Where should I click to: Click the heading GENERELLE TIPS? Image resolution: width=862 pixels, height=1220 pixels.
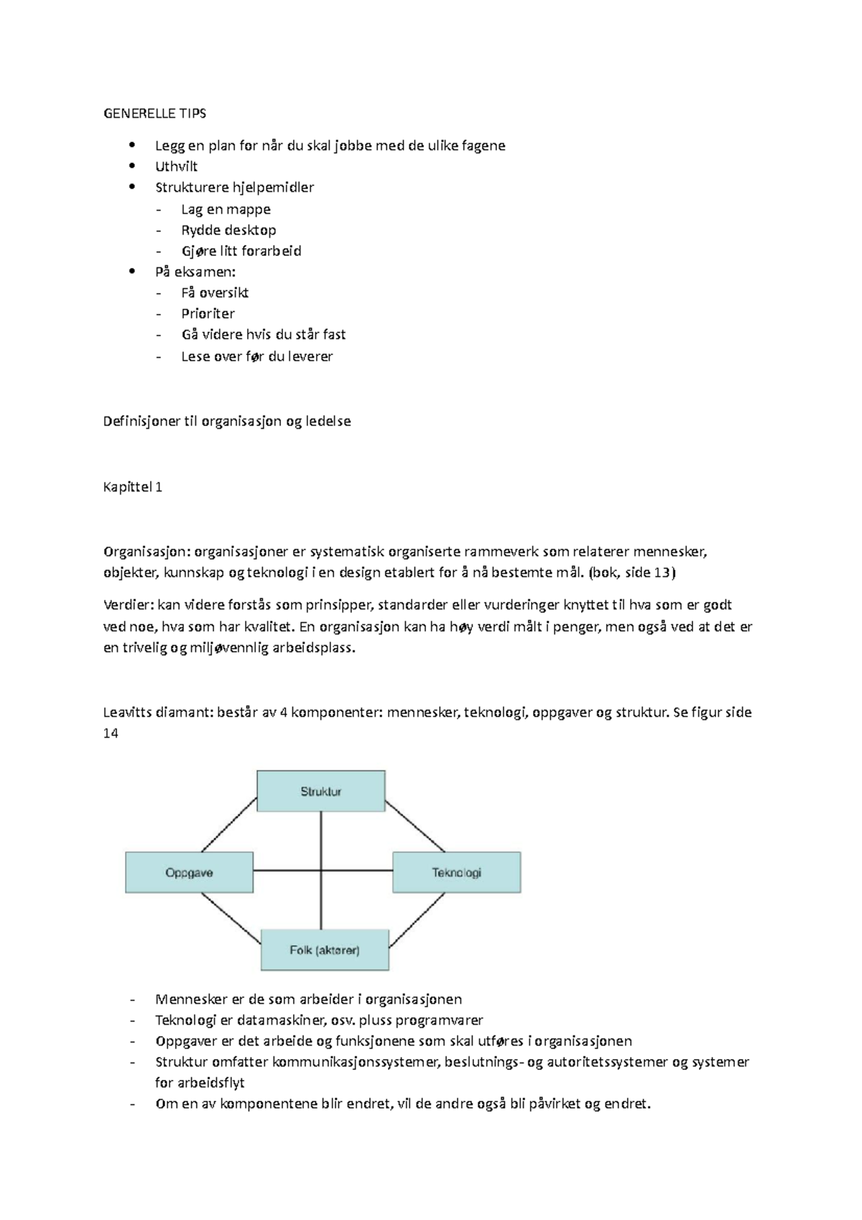154,113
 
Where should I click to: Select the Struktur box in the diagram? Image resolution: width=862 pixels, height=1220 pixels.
321,791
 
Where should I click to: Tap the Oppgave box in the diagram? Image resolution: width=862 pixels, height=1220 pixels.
189,872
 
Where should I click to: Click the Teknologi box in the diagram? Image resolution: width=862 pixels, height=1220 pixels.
456,872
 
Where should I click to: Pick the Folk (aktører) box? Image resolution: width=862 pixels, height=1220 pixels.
325,950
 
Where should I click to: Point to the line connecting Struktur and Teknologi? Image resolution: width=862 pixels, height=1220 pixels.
415,826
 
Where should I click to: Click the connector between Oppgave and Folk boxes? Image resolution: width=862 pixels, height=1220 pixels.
231,919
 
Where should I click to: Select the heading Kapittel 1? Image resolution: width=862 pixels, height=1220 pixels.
133,486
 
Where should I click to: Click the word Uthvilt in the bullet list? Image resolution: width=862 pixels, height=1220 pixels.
176,166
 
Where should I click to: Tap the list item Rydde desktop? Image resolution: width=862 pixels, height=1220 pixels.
228,230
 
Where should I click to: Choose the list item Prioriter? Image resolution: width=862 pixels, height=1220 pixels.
208,313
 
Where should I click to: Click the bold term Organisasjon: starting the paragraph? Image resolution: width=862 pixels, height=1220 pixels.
147,552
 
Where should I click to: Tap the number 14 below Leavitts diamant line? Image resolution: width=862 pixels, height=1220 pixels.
111,734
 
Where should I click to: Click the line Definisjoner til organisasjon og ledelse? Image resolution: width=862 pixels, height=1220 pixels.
227,421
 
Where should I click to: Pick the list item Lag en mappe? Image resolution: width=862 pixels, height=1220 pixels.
226,209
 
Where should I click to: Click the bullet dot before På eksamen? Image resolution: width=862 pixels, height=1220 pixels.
131,272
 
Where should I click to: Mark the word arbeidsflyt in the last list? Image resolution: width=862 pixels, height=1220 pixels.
212,1083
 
